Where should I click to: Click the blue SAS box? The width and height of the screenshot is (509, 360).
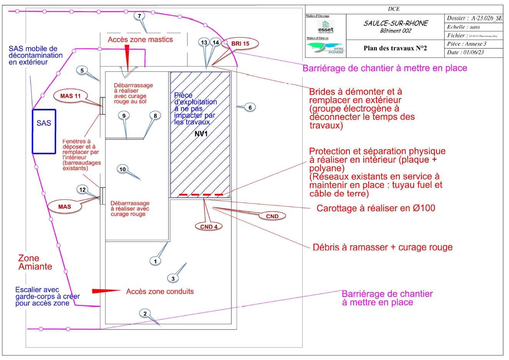(44, 132)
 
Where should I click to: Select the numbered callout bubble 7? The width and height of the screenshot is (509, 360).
(139, 16)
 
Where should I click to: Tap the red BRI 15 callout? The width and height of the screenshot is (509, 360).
(240, 44)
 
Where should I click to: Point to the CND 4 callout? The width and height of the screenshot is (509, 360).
(209, 227)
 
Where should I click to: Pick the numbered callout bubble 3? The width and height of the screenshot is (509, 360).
(173, 278)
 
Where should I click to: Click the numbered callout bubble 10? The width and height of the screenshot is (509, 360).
(123, 169)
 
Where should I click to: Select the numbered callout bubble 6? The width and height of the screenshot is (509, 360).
(250, 108)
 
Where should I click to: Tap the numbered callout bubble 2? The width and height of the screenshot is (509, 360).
(145, 313)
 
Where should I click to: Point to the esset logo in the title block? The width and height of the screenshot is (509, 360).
(326, 27)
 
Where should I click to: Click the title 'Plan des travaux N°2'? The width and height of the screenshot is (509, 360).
(395, 48)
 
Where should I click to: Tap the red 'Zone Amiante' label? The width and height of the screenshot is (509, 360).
(35, 262)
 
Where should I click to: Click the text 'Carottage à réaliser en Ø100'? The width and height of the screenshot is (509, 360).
(376, 208)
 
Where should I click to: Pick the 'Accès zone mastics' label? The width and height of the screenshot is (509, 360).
(140, 40)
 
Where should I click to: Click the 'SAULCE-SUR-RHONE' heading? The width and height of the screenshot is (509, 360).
(395, 23)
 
